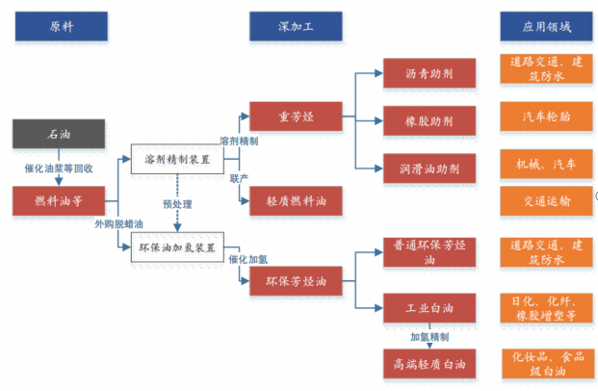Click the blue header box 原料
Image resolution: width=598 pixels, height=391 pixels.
tap(60, 27)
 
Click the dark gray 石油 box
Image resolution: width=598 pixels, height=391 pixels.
tap(60, 134)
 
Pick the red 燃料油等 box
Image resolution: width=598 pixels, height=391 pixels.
tap(60, 201)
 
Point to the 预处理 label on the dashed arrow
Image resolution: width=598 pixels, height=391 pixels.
tap(177, 204)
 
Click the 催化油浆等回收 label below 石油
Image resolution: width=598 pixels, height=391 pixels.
tap(59, 168)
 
